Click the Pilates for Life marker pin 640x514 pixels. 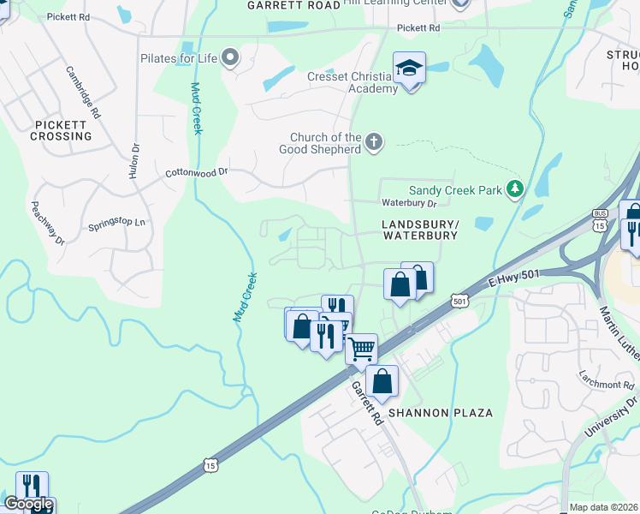click(229, 58)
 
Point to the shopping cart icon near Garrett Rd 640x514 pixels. click(362, 349)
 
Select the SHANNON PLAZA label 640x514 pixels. click(441, 413)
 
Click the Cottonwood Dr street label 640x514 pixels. click(197, 172)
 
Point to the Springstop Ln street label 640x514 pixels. click(117, 225)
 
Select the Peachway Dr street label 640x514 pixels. click(48, 223)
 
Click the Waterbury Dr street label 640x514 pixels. click(409, 204)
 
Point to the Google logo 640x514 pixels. click(28, 504)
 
